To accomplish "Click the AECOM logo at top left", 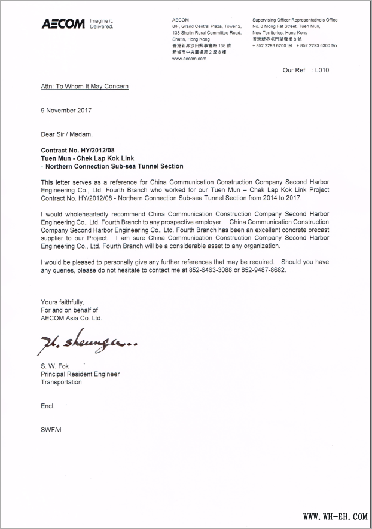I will point(63,24).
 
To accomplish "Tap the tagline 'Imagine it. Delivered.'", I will point(101,24).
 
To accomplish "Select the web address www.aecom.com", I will point(189,59).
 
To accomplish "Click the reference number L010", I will point(322,70).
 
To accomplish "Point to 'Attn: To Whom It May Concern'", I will point(84,87).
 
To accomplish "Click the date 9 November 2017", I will point(66,110).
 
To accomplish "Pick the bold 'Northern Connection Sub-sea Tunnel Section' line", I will point(114,166).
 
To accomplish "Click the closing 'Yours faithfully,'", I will point(62,302).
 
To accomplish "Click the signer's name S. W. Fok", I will point(55,366).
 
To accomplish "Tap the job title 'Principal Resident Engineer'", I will point(80,374).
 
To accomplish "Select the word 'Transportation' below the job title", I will point(61,382).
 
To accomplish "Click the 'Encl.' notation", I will point(48,406).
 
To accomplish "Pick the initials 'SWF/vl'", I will point(50,430).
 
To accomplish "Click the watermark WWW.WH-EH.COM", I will point(335,516).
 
